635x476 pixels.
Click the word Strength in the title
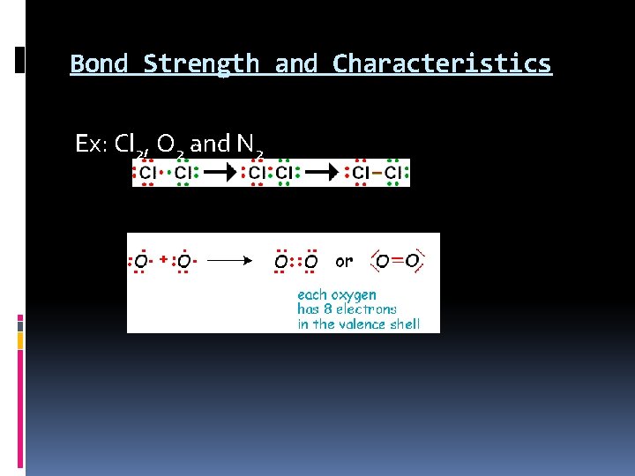coord(201,64)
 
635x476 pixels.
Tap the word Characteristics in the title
coord(442,64)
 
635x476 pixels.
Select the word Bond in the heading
coord(99,64)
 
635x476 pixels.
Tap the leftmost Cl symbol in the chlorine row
coord(147,173)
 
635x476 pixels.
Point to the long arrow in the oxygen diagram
coord(228,261)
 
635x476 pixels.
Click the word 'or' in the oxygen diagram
coord(344,261)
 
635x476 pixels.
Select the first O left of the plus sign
coord(141,262)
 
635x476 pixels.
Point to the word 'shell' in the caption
coord(406,324)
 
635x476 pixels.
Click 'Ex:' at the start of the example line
coord(92,144)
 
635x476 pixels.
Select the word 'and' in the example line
coord(210,144)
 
